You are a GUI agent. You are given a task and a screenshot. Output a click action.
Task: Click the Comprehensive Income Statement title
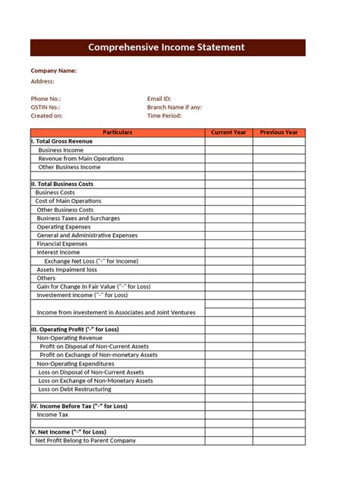tap(167, 47)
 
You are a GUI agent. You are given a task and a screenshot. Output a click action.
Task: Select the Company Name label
tap(53, 71)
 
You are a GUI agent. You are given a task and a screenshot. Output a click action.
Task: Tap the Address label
tap(43, 81)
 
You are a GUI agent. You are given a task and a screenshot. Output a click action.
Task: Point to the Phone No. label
tap(46, 99)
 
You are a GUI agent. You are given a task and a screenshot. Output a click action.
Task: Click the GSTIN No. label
tap(46, 107)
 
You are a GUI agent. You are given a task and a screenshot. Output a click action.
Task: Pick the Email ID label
tap(159, 99)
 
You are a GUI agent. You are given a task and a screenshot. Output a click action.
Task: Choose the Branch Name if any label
tap(175, 107)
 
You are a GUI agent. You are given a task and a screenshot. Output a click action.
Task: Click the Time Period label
tap(165, 115)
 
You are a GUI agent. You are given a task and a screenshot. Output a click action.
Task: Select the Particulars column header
tap(117, 133)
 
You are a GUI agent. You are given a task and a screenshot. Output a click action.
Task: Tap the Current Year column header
tap(229, 133)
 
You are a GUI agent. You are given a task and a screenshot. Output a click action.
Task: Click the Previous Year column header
tap(279, 133)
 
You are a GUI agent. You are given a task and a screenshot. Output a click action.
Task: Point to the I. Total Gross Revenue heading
tap(62, 141)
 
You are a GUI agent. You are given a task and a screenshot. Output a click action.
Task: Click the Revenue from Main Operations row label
tap(81, 159)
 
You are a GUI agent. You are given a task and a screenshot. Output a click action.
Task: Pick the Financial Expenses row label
tap(62, 244)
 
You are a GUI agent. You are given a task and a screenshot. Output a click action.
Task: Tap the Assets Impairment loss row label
tap(67, 270)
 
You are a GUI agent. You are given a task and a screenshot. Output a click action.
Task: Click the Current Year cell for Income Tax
tap(229, 415)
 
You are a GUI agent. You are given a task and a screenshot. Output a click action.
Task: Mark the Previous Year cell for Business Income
tap(279, 150)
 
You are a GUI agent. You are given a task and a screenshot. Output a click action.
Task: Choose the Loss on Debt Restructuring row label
tap(74, 389)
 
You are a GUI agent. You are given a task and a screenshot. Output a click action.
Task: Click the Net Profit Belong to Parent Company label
tap(86, 441)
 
